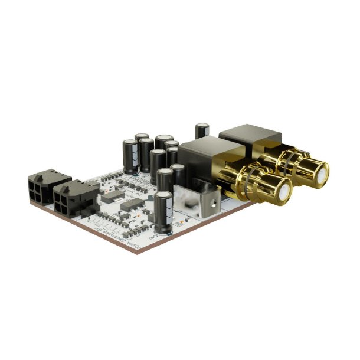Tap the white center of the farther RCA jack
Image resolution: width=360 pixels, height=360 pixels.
click(x=320, y=172)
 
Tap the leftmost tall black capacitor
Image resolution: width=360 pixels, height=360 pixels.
click(x=130, y=155)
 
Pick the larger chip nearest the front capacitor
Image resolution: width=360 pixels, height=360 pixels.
click(x=131, y=205)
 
